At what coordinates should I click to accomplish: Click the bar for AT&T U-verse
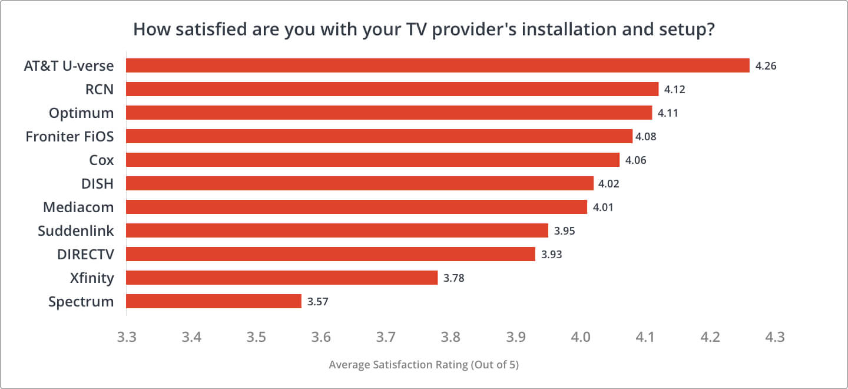(438, 65)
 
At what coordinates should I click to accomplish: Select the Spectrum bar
(214, 301)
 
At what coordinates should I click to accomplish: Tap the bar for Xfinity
(281, 278)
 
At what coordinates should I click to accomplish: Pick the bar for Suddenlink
(337, 230)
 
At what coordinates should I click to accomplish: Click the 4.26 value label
(766, 66)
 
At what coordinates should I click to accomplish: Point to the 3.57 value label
(317, 302)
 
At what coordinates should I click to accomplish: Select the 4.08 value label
(645, 137)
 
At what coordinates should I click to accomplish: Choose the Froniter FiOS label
(69, 136)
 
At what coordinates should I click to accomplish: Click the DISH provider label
(97, 183)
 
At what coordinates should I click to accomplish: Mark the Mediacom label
(78, 207)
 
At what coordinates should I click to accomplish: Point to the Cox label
(102, 160)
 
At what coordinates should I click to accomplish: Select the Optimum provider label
(81, 113)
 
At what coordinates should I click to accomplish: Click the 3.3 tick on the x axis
(127, 337)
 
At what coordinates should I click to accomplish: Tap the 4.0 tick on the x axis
(581, 337)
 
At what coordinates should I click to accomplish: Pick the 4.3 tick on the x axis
(775, 337)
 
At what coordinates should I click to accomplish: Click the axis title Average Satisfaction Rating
(423, 365)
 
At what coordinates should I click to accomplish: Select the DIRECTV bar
(330, 254)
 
